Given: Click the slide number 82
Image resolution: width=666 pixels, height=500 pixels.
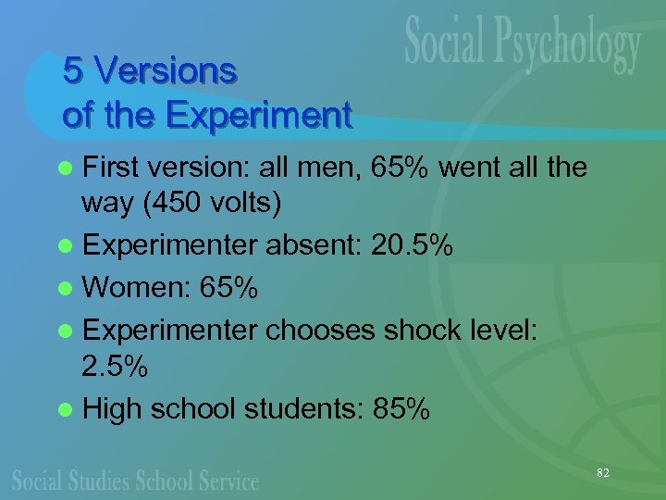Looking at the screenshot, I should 603,473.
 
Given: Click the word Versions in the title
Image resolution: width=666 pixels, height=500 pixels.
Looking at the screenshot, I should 166,70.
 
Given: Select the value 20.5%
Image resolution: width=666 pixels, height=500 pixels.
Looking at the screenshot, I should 412,245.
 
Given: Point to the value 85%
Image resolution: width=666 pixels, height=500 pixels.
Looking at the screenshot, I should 399,408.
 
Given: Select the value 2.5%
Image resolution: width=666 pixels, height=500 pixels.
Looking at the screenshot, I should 115,367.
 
